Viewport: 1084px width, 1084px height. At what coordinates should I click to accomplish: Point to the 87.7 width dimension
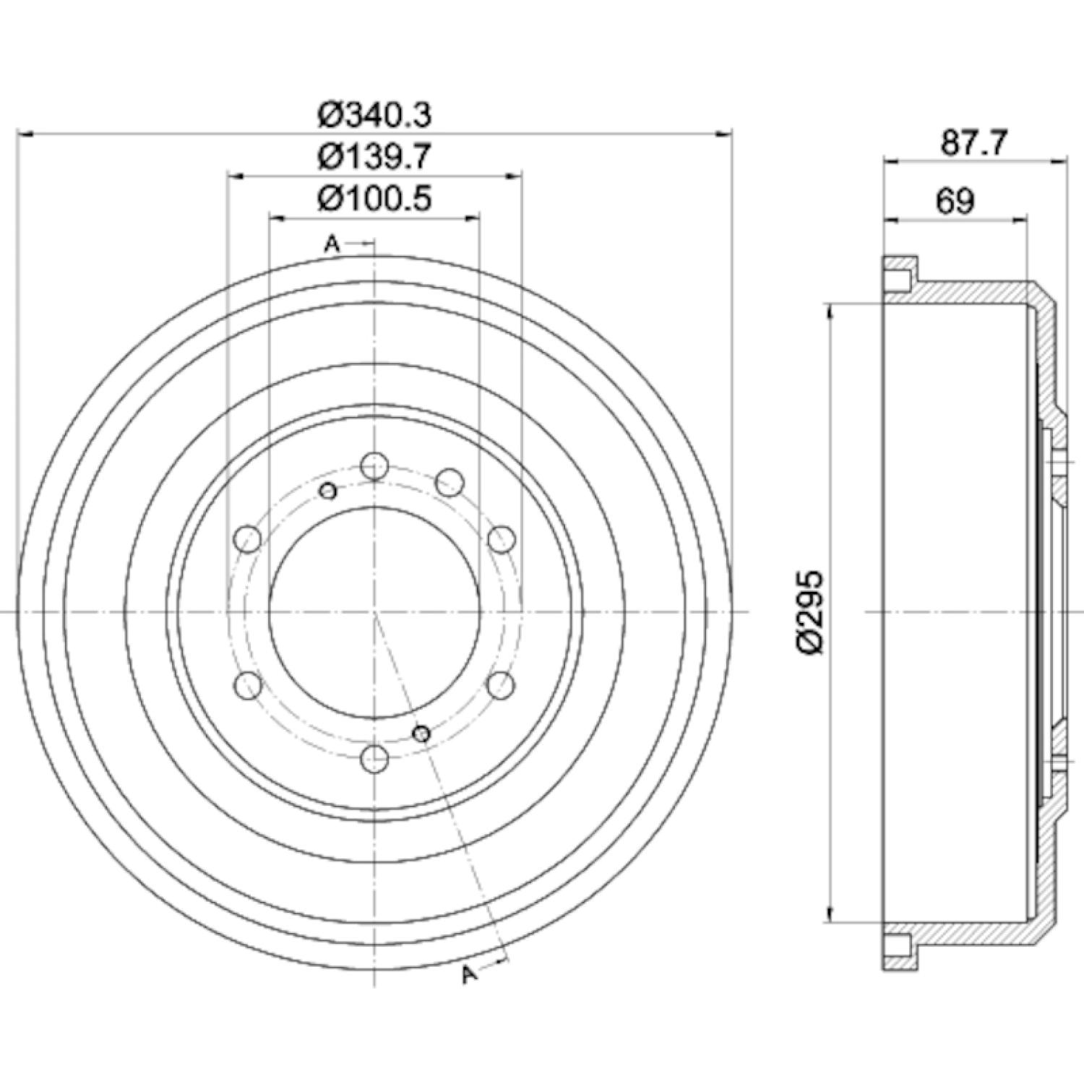[973, 143]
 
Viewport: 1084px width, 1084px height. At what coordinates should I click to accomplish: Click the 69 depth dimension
[955, 201]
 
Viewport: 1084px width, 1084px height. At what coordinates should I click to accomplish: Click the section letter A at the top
[332, 244]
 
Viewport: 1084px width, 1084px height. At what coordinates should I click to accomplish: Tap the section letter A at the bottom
[470, 976]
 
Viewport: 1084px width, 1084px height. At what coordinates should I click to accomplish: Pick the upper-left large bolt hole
[248, 538]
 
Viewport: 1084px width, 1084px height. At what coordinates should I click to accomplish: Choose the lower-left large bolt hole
[248, 684]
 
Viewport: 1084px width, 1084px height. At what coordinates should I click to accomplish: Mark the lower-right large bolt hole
[500, 684]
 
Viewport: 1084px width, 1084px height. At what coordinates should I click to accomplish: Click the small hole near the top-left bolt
[329, 491]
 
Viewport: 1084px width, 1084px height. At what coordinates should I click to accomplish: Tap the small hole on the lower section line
[422, 734]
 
